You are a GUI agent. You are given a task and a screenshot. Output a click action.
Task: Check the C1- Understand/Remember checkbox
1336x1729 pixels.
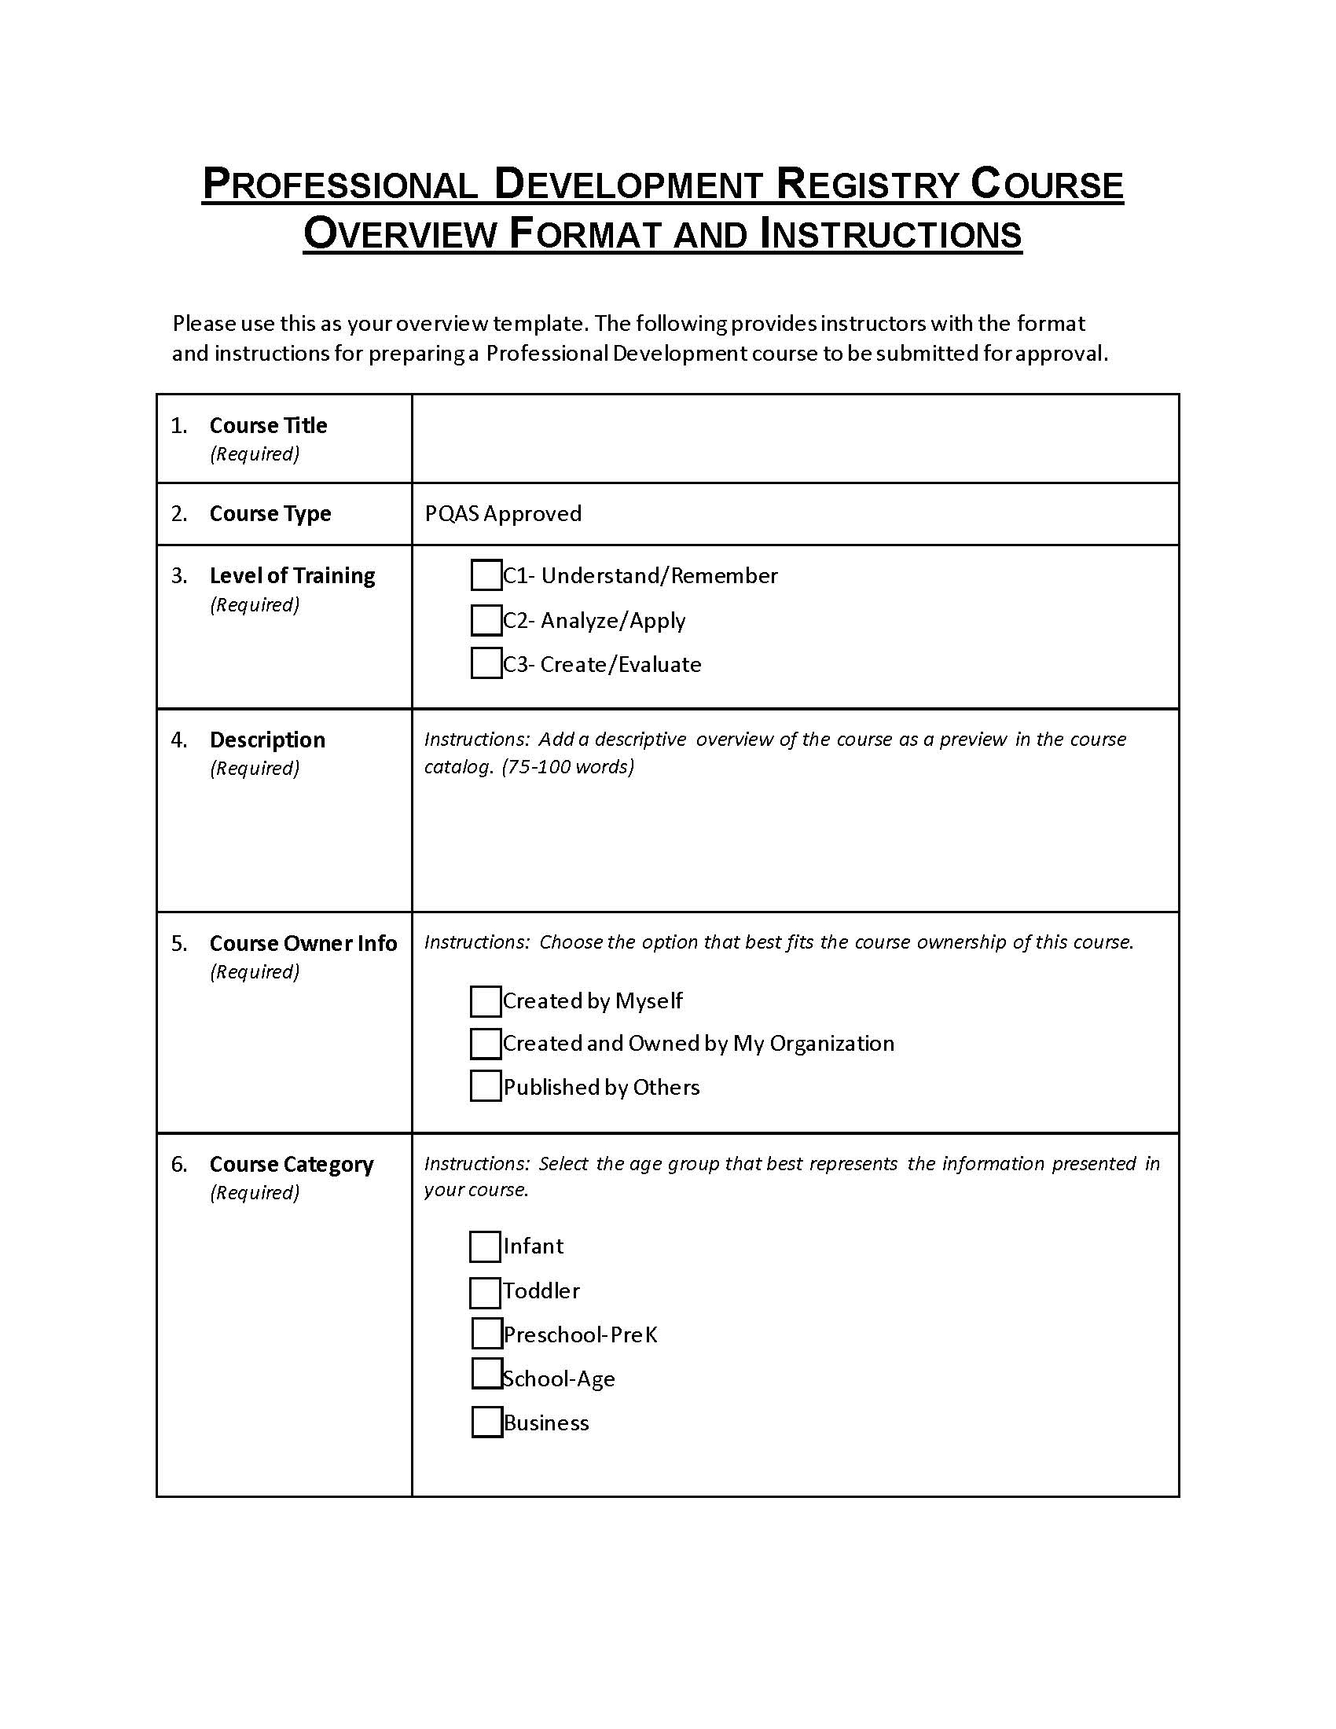[486, 575]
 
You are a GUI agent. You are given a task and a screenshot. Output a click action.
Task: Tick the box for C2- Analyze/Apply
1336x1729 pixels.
[486, 621]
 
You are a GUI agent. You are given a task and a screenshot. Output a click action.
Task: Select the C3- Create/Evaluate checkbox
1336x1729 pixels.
[486, 663]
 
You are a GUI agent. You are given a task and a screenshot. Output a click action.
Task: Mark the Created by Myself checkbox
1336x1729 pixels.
[485, 1001]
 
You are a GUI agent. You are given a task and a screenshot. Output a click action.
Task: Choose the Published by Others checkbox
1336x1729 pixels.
[485, 1086]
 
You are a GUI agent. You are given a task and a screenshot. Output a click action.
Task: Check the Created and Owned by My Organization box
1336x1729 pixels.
[485, 1044]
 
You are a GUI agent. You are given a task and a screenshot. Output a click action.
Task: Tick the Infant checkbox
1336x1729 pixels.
[485, 1247]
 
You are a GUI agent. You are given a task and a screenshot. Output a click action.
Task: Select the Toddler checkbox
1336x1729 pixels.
[485, 1293]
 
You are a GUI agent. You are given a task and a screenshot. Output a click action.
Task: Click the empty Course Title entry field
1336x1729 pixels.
[795, 439]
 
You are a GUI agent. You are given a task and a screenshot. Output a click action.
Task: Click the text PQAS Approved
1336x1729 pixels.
[504, 514]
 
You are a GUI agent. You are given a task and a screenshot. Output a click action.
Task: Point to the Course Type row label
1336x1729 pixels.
[270, 514]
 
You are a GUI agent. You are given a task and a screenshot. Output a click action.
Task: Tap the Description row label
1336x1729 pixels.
[266, 740]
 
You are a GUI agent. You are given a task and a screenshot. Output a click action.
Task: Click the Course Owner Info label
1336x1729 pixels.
[303, 944]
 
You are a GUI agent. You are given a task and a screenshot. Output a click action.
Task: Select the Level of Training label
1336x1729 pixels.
[292, 575]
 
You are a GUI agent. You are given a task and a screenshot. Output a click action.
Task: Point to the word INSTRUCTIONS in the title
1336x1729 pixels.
[890, 234]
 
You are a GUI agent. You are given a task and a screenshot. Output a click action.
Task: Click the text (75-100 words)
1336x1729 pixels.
[568, 767]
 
